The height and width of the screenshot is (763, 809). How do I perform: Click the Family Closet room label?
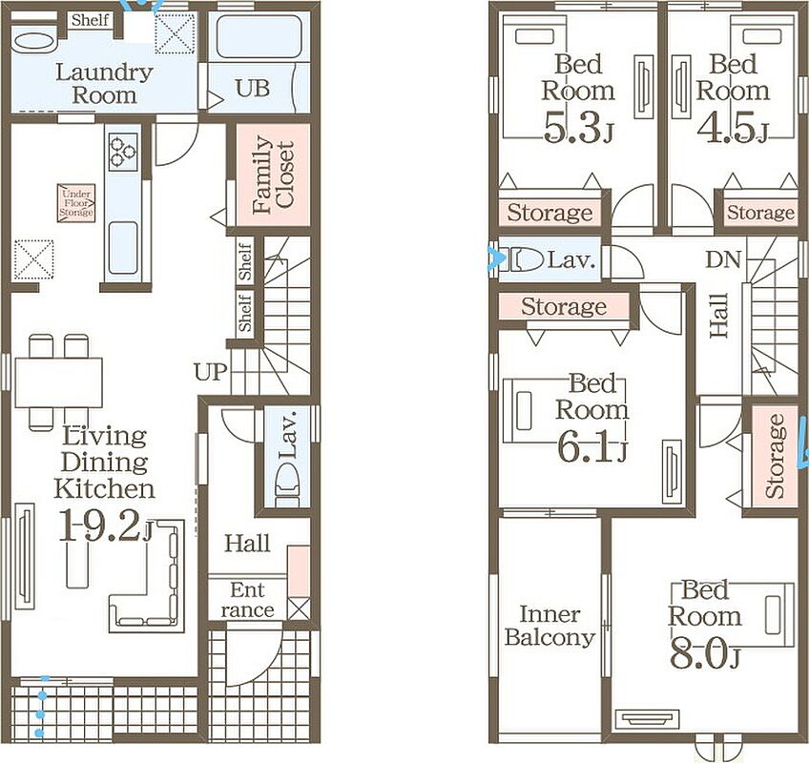pos(274,175)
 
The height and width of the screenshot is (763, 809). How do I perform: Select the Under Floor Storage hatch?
pos(76,203)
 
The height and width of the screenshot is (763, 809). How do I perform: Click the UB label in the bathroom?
pos(253,88)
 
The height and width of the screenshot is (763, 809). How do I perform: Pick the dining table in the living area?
pos(59,382)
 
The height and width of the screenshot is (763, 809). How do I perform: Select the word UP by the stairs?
pos(211,371)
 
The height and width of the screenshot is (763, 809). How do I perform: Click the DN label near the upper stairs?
pos(723,259)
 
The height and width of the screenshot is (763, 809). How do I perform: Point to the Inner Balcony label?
pos(550,626)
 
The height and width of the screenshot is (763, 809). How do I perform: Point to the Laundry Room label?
pos(104,84)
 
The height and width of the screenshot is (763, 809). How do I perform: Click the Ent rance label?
pos(247,600)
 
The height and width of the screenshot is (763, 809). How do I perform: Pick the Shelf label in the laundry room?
pos(91,21)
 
